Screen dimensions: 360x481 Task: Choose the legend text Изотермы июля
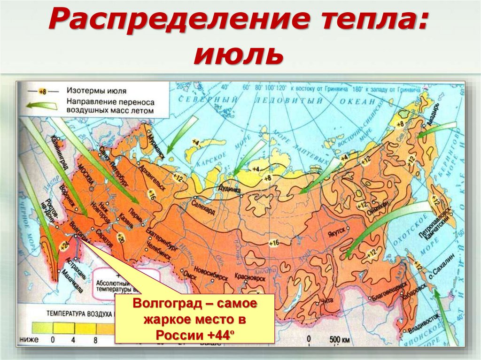96,91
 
